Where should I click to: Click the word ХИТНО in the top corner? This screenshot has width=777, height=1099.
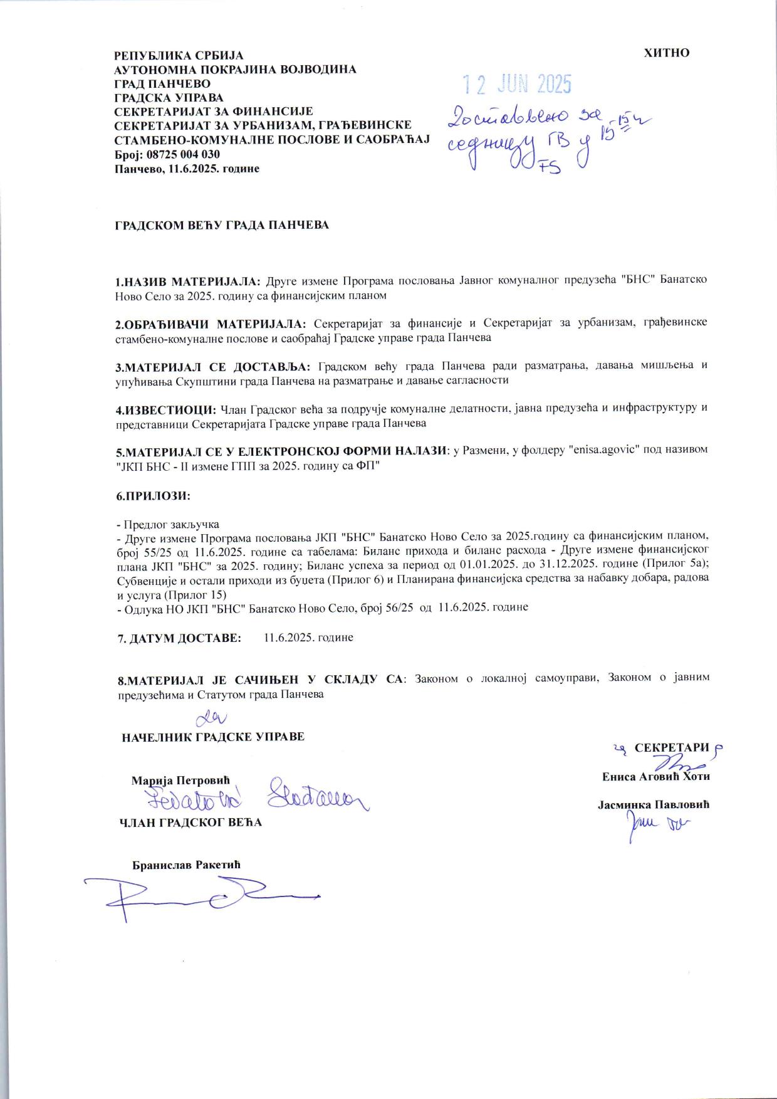(x=667, y=53)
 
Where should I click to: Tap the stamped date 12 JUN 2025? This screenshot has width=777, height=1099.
(x=517, y=84)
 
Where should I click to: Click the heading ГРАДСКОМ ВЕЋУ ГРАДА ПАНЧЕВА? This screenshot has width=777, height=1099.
(x=221, y=225)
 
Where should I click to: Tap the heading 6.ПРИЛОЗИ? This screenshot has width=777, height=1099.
(x=153, y=496)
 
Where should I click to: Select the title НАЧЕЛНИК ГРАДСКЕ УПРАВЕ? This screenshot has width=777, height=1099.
(x=213, y=737)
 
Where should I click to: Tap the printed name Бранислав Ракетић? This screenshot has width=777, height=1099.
(x=186, y=865)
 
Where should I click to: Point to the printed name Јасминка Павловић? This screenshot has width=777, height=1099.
(x=653, y=804)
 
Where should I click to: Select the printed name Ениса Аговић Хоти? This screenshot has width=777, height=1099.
(x=655, y=776)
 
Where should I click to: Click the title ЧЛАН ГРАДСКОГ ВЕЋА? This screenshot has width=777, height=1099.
(x=190, y=823)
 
